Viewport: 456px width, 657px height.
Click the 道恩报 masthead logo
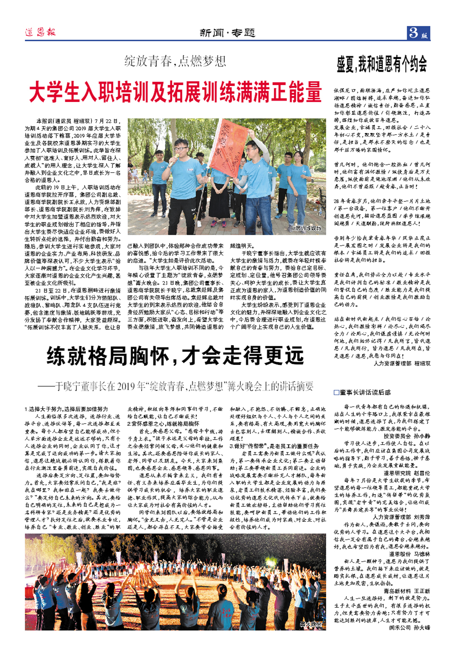[x=40, y=32]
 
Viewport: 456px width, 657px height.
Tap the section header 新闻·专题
[x=227, y=32]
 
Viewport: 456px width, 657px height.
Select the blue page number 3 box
[x=413, y=32]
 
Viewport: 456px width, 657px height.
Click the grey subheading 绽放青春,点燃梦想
[x=175, y=61]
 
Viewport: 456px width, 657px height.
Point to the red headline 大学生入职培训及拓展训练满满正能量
[x=175, y=91]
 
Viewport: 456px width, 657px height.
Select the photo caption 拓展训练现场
[x=306, y=228]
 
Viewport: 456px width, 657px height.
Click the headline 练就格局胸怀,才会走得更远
[x=175, y=356]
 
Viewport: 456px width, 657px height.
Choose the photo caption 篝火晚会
[x=311, y=624]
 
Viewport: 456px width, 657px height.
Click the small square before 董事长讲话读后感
[x=336, y=392]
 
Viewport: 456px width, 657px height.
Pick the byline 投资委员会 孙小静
[x=407, y=436]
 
